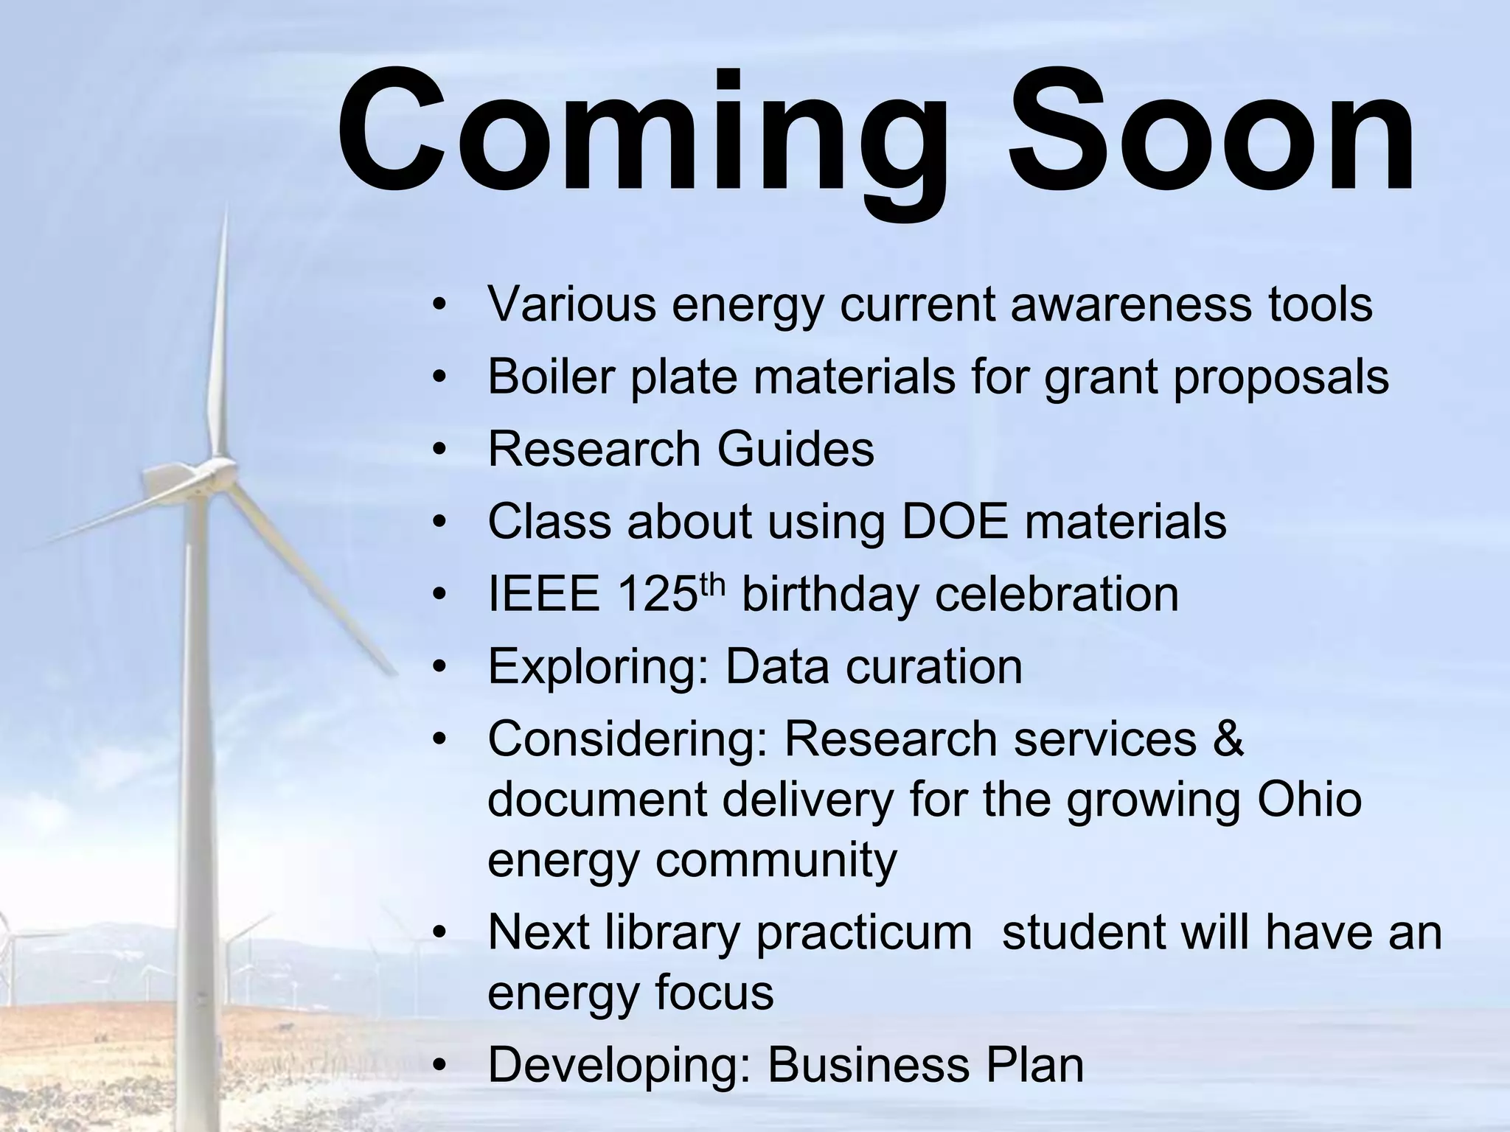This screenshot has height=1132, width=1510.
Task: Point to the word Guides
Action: (796, 449)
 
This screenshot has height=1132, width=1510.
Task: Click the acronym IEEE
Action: (544, 594)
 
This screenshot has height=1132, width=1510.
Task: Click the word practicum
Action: (864, 932)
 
